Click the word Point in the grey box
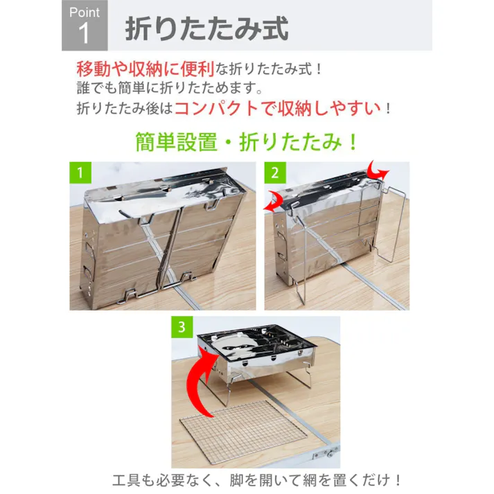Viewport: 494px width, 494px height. click(x=85, y=12)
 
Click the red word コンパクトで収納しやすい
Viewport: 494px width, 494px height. click(x=277, y=109)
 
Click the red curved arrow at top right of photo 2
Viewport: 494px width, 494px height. click(x=378, y=171)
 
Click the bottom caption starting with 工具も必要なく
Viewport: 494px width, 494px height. click(x=257, y=479)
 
